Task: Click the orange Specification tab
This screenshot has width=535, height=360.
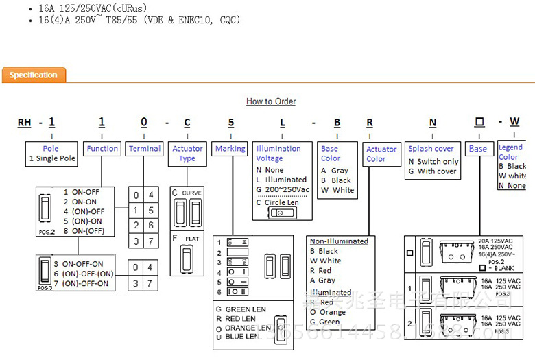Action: point(34,75)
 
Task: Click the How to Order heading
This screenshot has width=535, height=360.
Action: point(271,101)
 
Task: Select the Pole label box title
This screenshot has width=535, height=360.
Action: point(51,148)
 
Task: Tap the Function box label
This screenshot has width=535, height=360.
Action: point(102,148)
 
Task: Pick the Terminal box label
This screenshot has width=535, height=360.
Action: point(145,148)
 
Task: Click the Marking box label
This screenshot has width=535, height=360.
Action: point(230,148)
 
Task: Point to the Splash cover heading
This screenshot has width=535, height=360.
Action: point(431,148)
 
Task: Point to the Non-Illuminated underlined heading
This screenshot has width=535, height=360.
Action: point(339,241)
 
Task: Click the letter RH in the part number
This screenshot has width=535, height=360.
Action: point(25,123)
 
